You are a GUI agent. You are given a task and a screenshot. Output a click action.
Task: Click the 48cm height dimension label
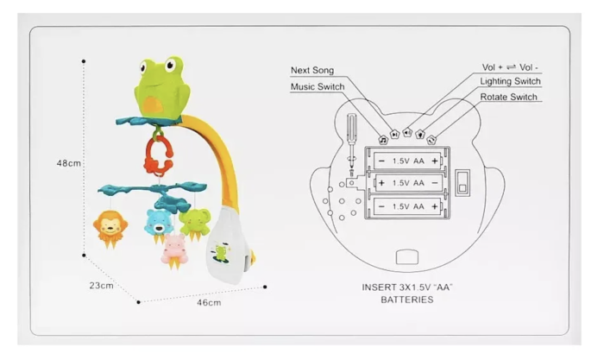coord(69,163)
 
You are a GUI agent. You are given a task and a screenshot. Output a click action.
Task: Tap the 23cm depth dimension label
coord(101,286)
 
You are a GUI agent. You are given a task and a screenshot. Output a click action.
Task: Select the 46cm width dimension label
coord(209,302)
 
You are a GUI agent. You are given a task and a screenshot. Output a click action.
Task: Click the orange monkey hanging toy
coord(110,229)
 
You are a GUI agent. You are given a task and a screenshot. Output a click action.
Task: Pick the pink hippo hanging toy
coord(174,251)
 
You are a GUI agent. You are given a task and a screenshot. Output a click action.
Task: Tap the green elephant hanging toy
coord(194,224)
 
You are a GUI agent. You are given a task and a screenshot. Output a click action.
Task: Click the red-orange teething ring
coord(158,155)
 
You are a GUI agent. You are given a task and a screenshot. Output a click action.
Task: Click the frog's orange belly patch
coord(154,104)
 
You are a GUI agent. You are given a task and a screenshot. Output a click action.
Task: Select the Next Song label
coord(312,70)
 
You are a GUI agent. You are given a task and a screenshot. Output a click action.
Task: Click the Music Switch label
coord(318,86)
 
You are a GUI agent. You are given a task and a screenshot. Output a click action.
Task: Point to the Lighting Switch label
coord(510,81)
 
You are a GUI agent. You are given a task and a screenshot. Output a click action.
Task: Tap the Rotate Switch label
coord(508,97)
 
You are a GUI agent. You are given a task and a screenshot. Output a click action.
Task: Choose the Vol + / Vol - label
coord(510,67)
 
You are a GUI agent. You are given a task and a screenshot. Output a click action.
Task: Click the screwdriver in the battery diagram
coord(352,145)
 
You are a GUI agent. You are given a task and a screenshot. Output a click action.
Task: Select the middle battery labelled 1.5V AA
coord(408,183)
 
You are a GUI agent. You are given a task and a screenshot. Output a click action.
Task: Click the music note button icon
coord(383,141)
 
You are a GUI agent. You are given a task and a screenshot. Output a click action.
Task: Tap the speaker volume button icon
coord(407,133)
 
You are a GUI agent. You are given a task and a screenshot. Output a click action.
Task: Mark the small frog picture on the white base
coord(221,253)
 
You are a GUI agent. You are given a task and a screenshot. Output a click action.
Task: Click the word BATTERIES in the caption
coord(407,300)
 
